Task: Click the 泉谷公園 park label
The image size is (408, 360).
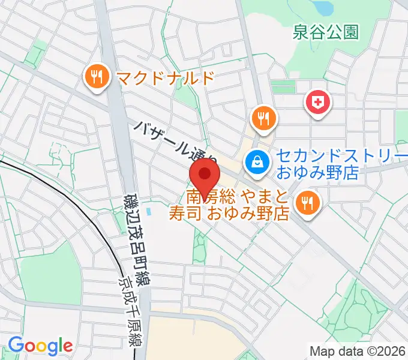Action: [x=326, y=32]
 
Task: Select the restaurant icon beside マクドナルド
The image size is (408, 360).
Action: [x=97, y=77]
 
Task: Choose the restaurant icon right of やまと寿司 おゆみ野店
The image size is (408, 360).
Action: [x=307, y=203]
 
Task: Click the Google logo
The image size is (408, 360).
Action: [x=40, y=346]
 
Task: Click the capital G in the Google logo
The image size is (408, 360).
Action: [x=16, y=345]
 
